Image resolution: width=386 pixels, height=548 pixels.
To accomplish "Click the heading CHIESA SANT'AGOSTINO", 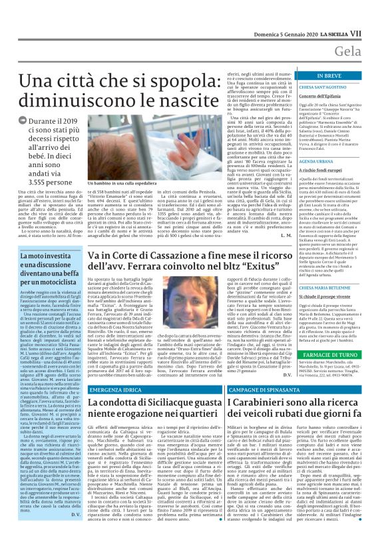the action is [x=324, y=86].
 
